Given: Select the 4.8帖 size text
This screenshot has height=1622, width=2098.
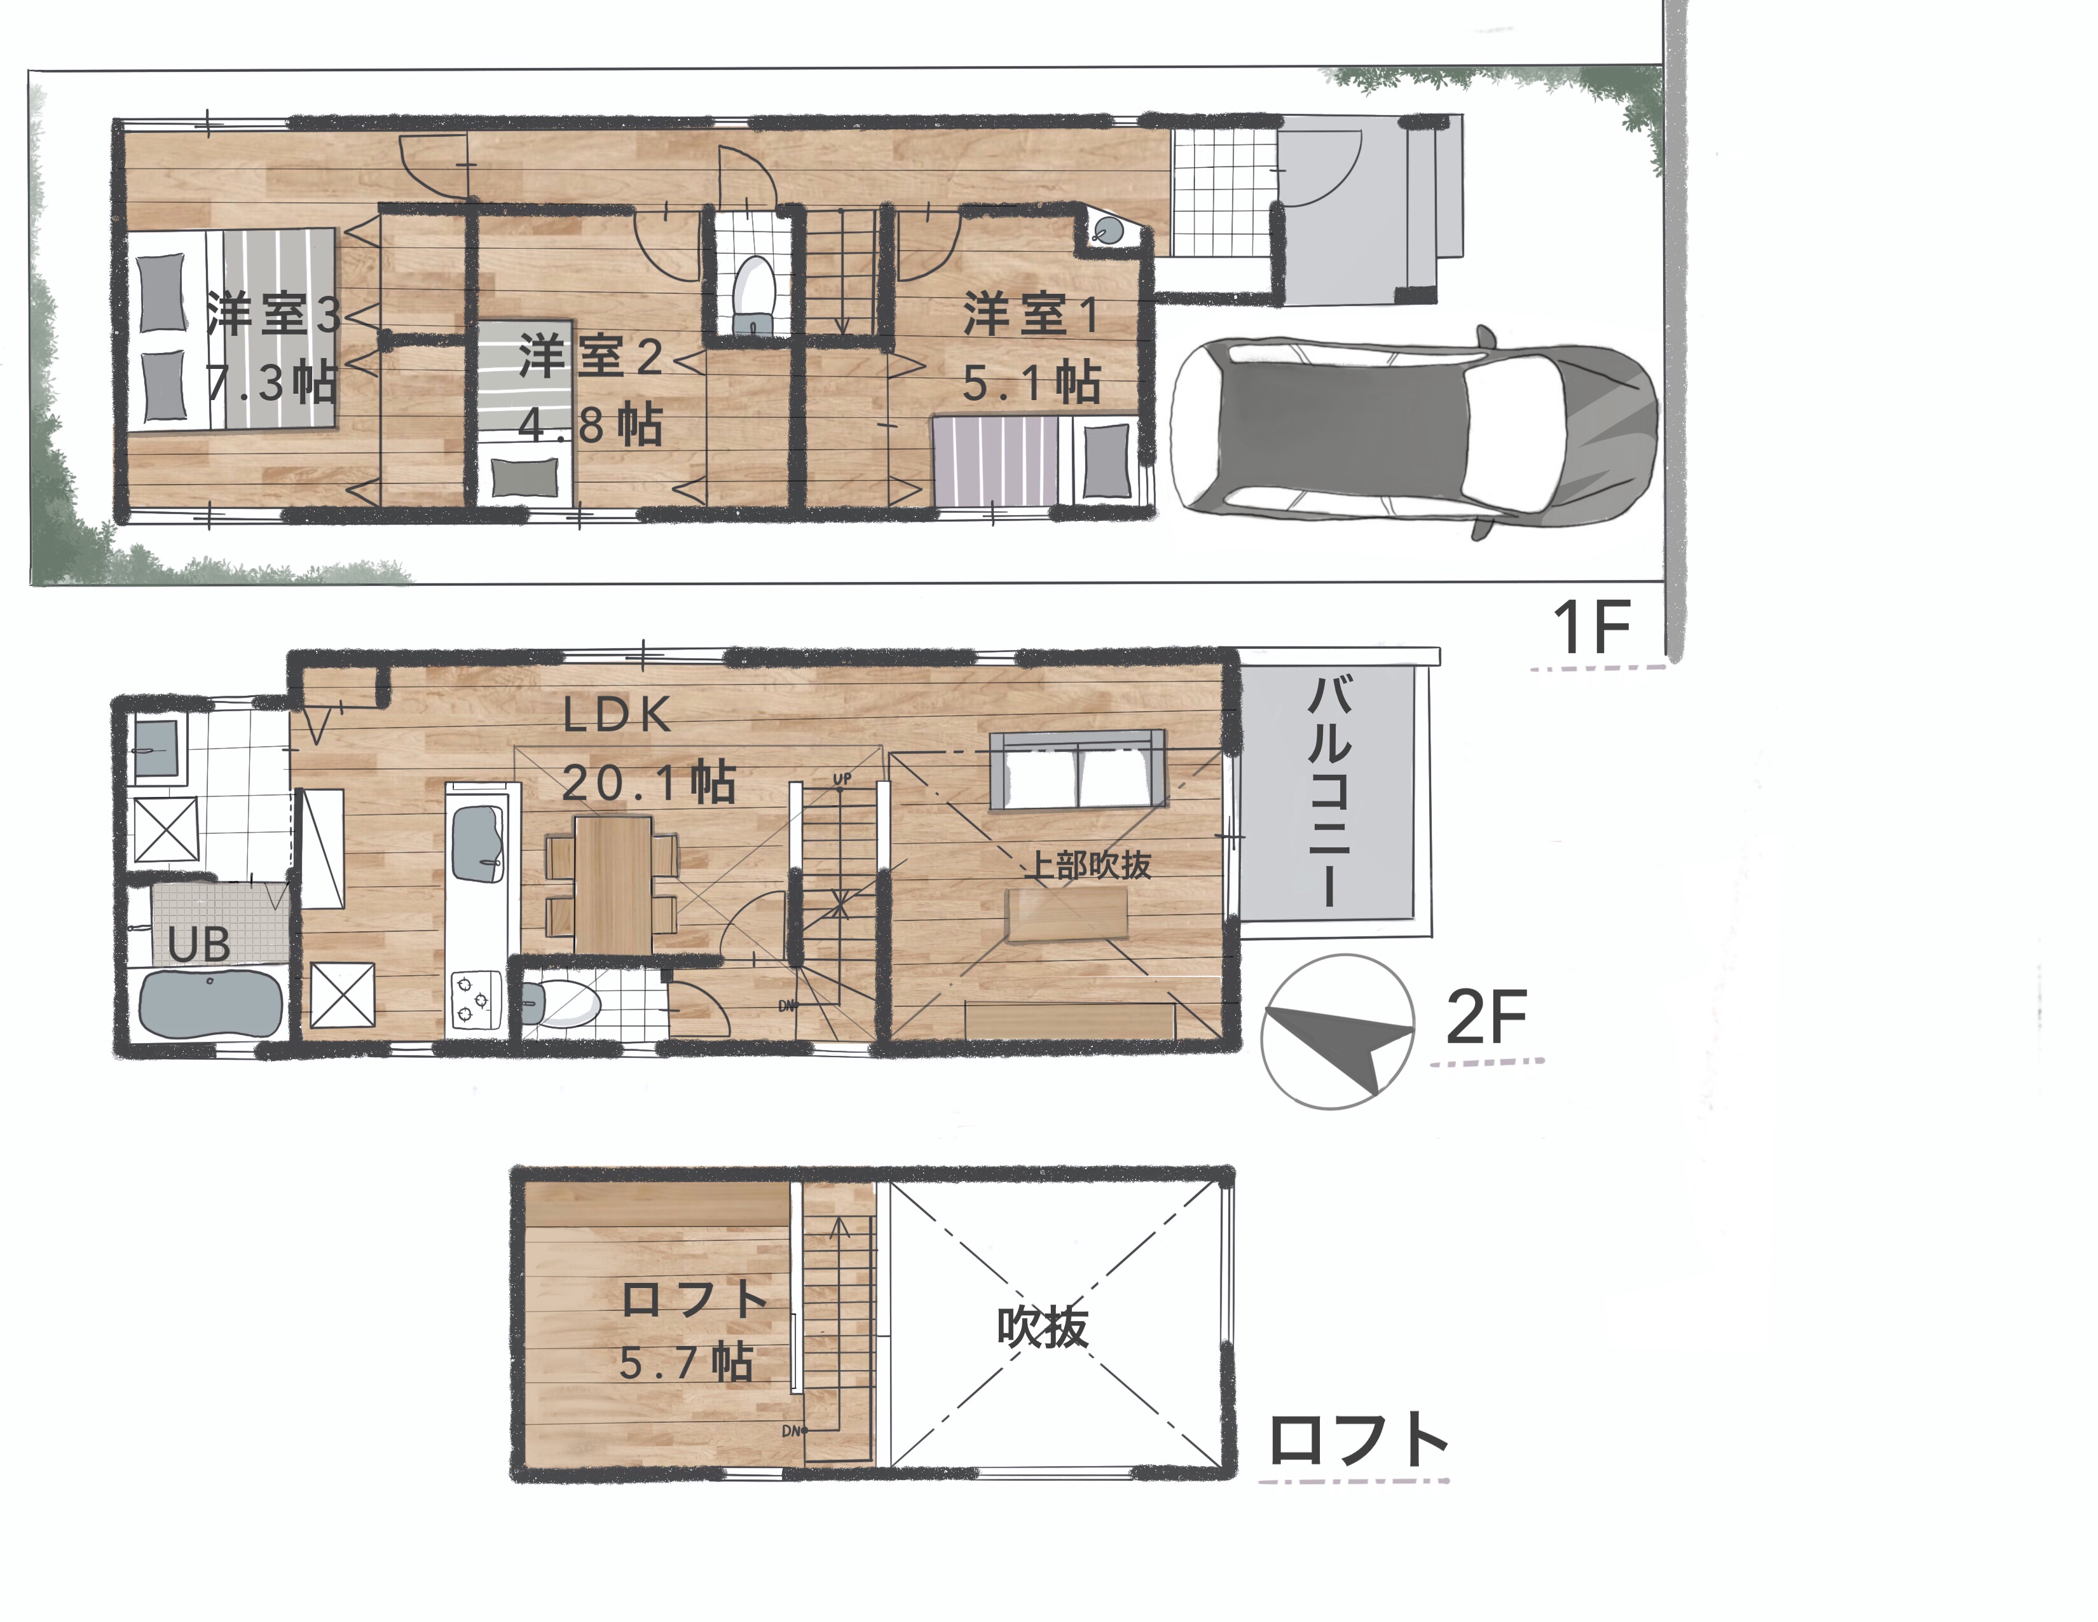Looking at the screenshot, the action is click(x=590, y=423).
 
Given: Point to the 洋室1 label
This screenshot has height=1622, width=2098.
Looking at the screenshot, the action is click(x=1031, y=315).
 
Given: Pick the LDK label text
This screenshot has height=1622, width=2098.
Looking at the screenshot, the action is click(x=616, y=715).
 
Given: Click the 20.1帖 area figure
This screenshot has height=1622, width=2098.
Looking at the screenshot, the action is click(x=648, y=783).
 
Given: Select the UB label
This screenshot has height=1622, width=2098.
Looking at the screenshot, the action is click(x=199, y=945).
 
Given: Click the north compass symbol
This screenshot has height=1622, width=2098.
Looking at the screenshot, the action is click(x=1336, y=1032).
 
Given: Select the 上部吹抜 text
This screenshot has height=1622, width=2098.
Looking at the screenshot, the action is click(x=1089, y=865).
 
